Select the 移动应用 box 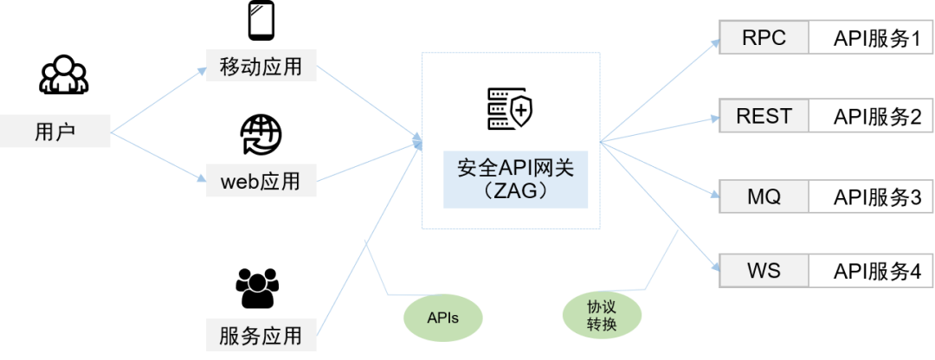pyautogui.click(x=261, y=66)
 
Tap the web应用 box pyautogui.click(x=261, y=182)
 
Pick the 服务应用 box pyautogui.click(x=261, y=334)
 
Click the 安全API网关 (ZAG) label pyautogui.click(x=515, y=178)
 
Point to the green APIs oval pyautogui.click(x=442, y=317)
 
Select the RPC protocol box pyautogui.click(x=764, y=39)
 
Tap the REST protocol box pyautogui.click(x=764, y=116)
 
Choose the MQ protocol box pyautogui.click(x=764, y=196)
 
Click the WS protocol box pyautogui.click(x=764, y=271)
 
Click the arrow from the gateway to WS pyautogui.click(x=658, y=204)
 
